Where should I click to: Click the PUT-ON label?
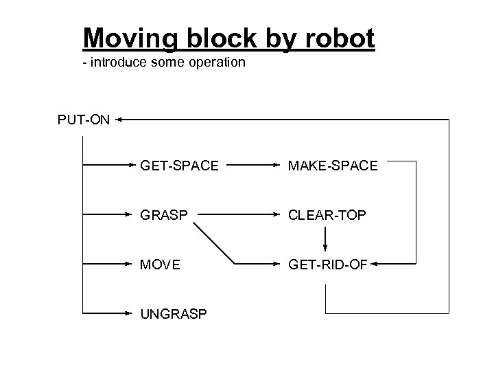pos(83,120)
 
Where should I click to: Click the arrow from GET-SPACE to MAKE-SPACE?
pos(251,165)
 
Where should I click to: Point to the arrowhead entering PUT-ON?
pos(119,120)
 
